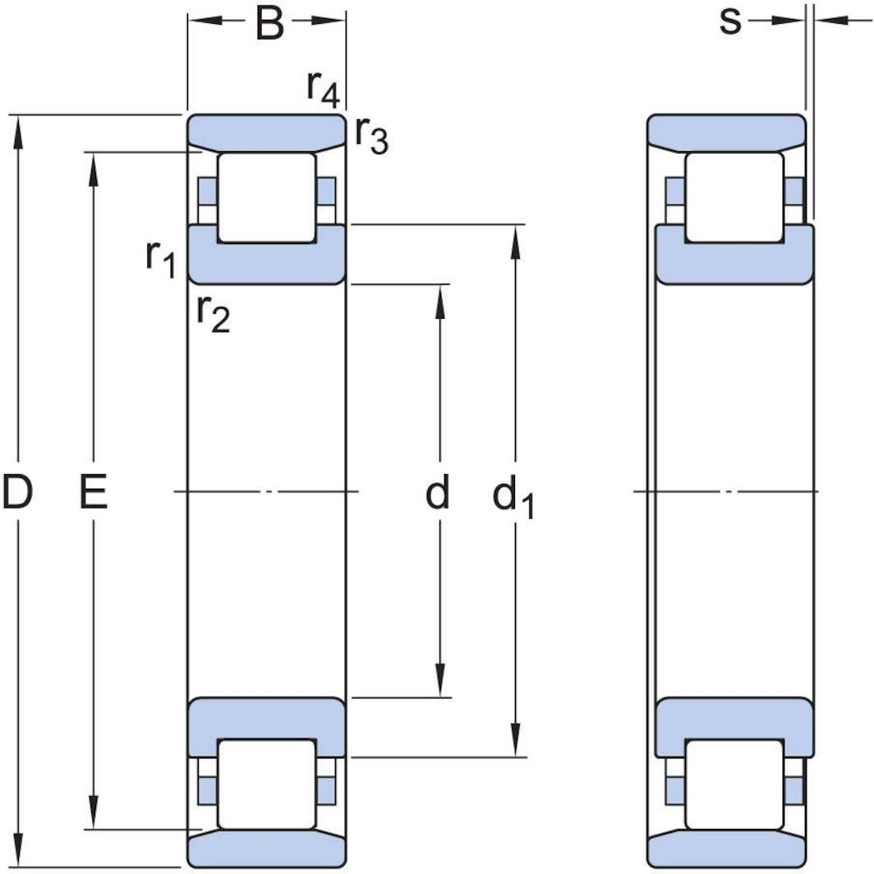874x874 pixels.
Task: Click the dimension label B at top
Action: (269, 24)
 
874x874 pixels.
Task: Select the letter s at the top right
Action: (729, 22)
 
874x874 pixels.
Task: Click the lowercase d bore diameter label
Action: (438, 494)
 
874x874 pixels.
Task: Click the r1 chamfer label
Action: (161, 260)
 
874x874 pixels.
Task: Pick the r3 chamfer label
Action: (371, 136)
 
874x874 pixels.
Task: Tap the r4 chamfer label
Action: (323, 89)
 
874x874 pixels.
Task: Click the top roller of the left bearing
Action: (266, 197)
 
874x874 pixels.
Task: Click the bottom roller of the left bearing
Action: (266, 784)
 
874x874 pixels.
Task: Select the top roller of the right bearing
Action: (734, 197)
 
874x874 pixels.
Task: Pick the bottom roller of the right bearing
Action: (734, 784)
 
